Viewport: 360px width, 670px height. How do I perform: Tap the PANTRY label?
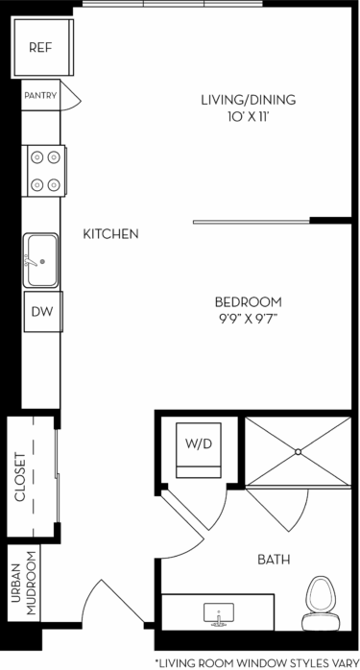(x=40, y=95)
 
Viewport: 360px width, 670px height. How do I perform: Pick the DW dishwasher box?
(x=42, y=311)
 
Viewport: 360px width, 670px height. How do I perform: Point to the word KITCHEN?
(x=111, y=234)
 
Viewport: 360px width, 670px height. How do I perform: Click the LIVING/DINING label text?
(x=248, y=100)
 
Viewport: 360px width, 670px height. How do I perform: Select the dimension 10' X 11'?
(x=248, y=116)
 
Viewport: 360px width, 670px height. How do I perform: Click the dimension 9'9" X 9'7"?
(x=248, y=319)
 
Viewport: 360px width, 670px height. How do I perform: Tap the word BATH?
(x=274, y=560)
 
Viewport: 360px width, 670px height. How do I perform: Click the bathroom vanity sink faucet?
(x=219, y=611)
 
